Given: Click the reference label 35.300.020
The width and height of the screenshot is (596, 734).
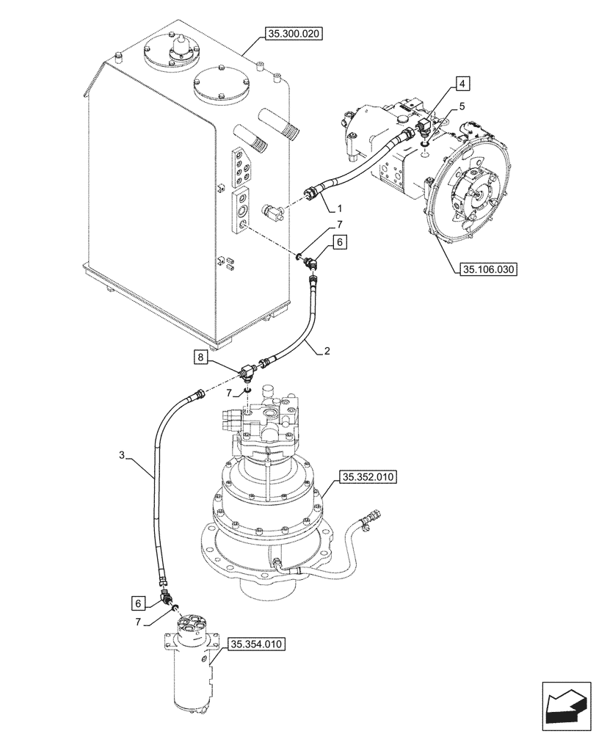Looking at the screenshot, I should tap(294, 34).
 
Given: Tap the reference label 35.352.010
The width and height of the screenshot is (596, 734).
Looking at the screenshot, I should tap(367, 478).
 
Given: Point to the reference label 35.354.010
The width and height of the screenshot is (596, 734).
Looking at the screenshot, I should tap(256, 644).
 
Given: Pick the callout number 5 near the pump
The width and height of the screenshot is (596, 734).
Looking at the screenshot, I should tap(461, 106).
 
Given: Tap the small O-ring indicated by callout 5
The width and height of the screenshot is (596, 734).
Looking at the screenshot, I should tap(426, 155).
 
